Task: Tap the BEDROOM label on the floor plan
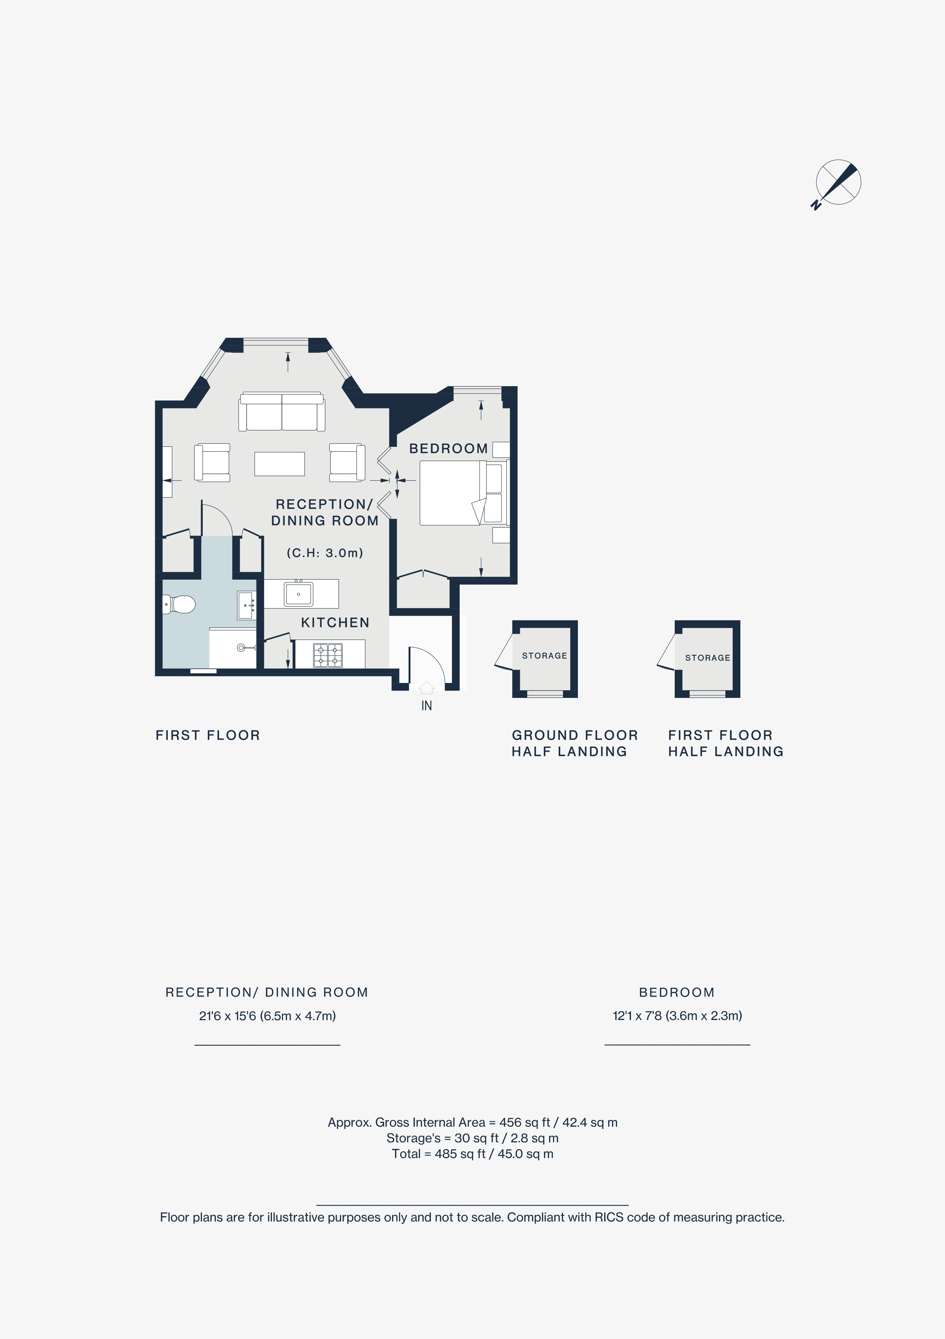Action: (448, 448)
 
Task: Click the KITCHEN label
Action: (335, 623)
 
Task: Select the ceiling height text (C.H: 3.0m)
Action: (325, 553)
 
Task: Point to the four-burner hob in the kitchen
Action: (328, 655)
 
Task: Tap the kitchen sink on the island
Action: (298, 594)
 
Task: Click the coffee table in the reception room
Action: (280, 464)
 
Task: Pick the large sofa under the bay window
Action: (282, 412)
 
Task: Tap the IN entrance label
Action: (426, 706)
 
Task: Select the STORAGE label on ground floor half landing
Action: (544, 656)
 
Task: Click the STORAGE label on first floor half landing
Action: (707, 658)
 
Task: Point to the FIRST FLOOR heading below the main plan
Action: (208, 736)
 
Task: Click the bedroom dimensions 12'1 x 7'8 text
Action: (677, 1016)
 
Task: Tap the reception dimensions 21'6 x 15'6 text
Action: (267, 1016)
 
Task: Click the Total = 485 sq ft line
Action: (472, 1154)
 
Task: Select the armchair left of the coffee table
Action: (212, 463)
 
